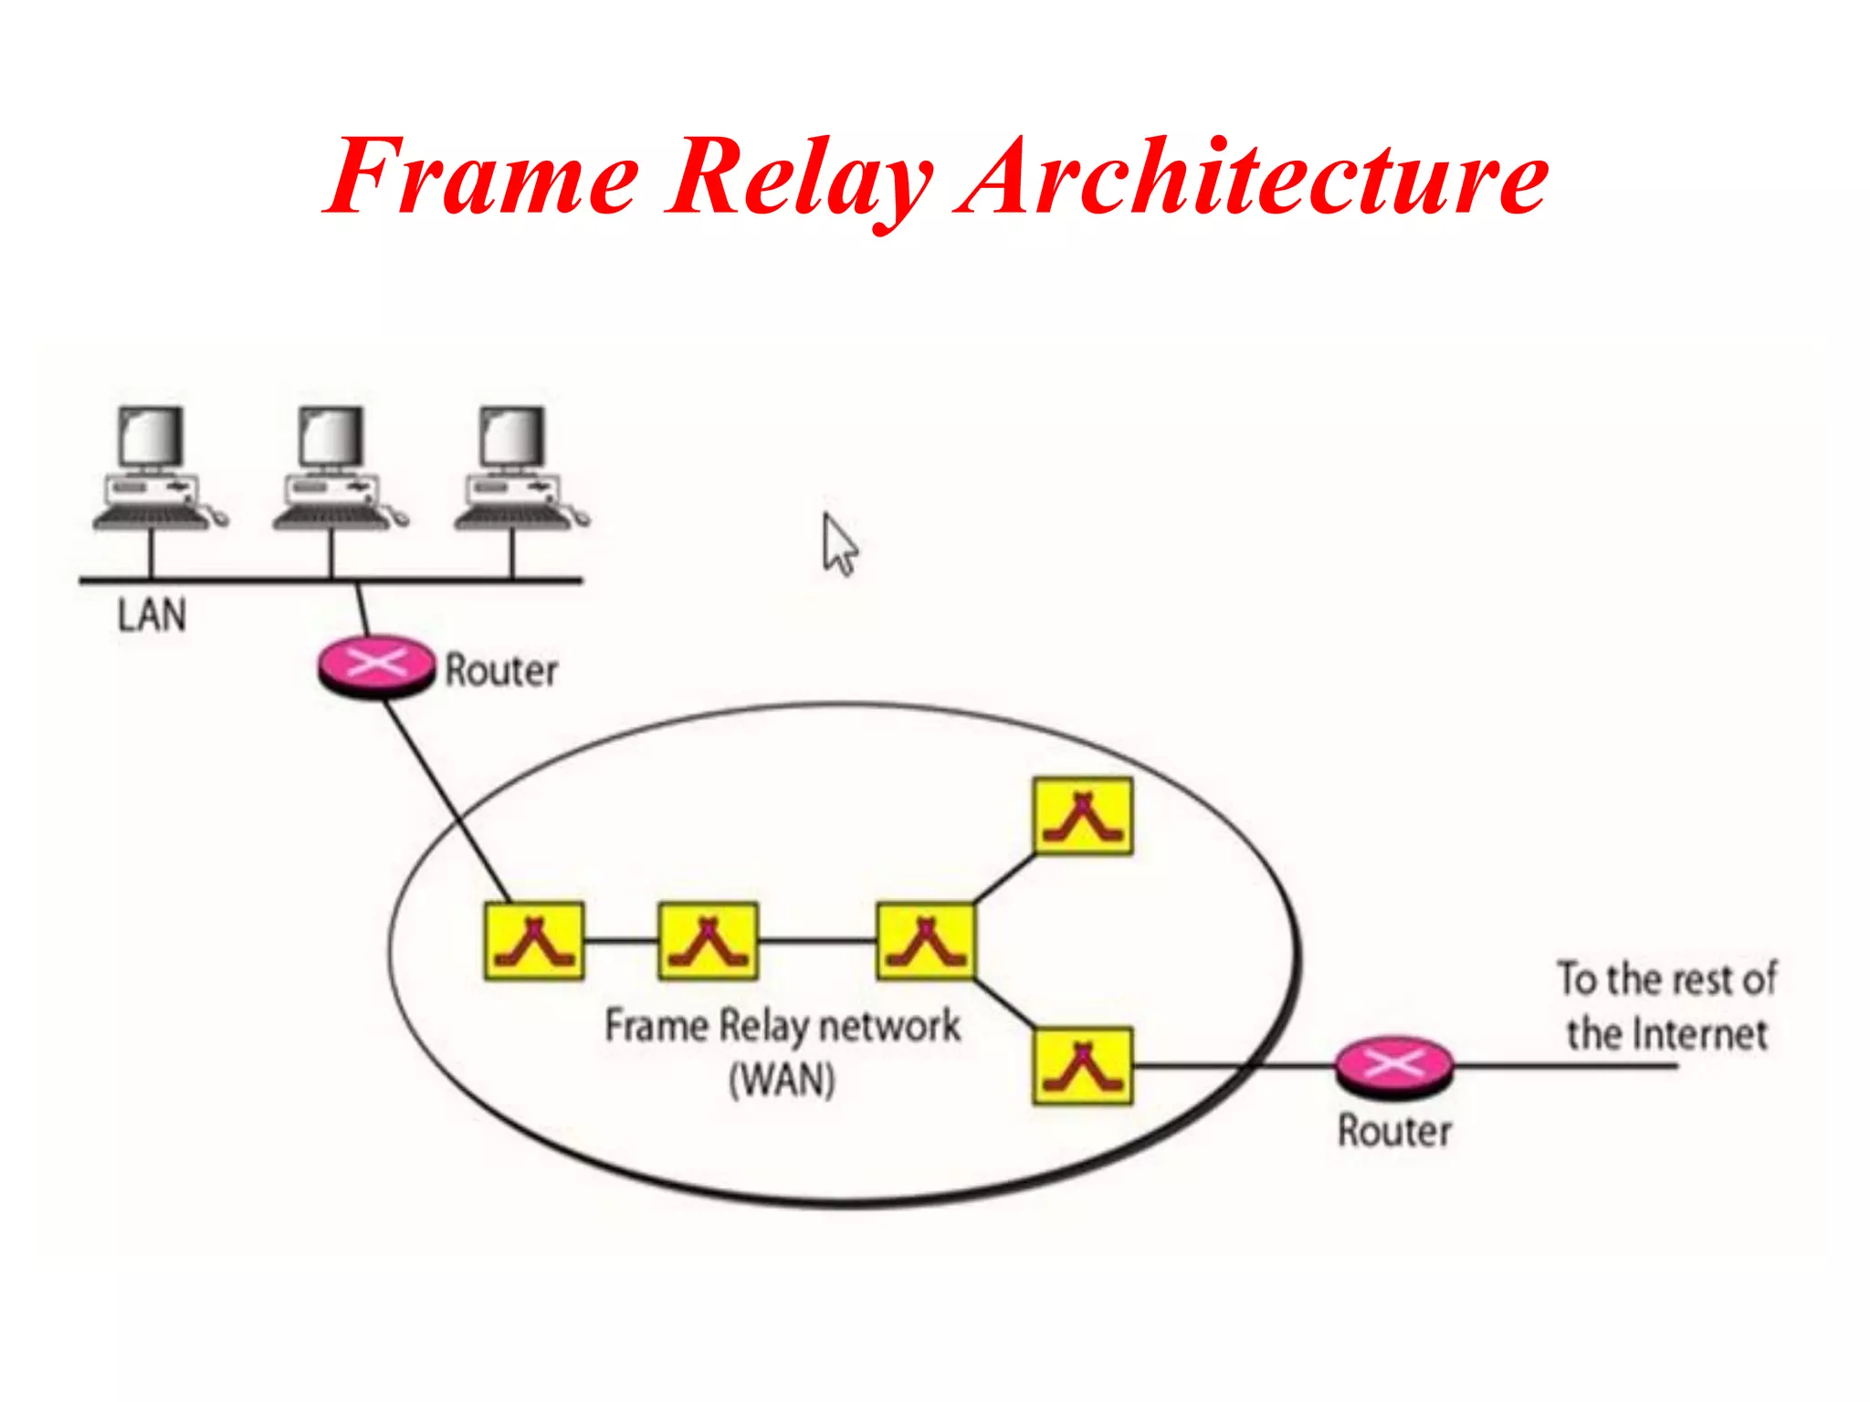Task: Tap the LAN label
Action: click(152, 615)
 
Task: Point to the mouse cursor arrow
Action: click(838, 544)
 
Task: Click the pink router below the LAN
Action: click(376, 664)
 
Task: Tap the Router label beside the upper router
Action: click(500, 671)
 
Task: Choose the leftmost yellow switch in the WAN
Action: click(534, 941)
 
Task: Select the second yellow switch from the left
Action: click(708, 941)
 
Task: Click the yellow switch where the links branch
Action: click(925, 941)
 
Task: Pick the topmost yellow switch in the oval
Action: click(1083, 816)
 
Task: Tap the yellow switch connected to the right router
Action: click(1083, 1065)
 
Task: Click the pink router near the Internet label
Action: click(1393, 1065)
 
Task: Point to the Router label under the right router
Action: click(1394, 1131)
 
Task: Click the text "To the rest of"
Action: click(1666, 979)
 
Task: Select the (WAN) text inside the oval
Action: click(782, 1081)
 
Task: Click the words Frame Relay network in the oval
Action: click(782, 1026)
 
